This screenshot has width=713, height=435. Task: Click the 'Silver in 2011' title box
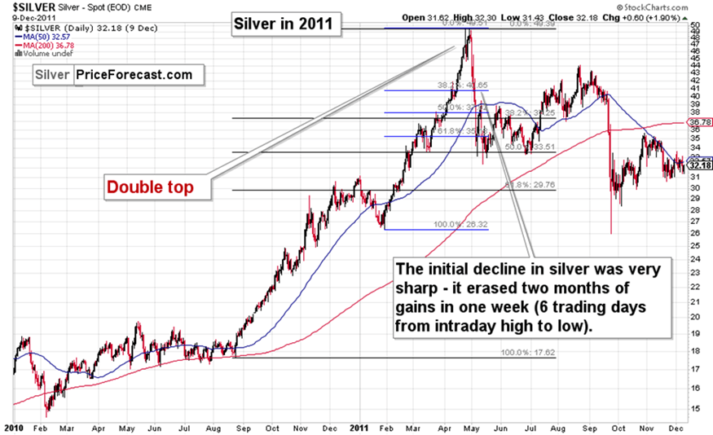click(x=283, y=23)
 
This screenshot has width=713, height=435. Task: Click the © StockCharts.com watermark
click(x=673, y=7)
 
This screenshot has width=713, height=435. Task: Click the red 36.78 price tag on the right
click(x=699, y=122)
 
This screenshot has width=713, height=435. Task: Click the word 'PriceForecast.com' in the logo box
click(x=134, y=75)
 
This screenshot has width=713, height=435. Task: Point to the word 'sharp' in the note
click(x=414, y=288)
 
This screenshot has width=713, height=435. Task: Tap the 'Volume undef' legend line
click(x=39, y=54)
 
